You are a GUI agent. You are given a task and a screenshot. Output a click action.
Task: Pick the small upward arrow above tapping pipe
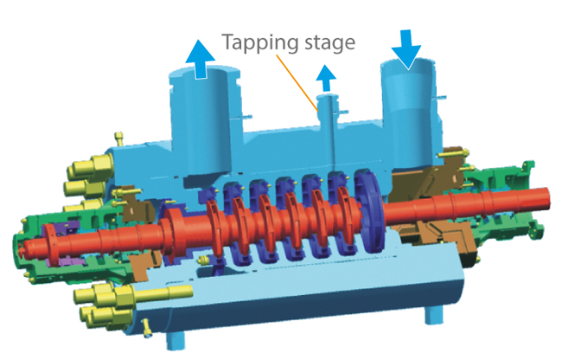click(325, 80)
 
